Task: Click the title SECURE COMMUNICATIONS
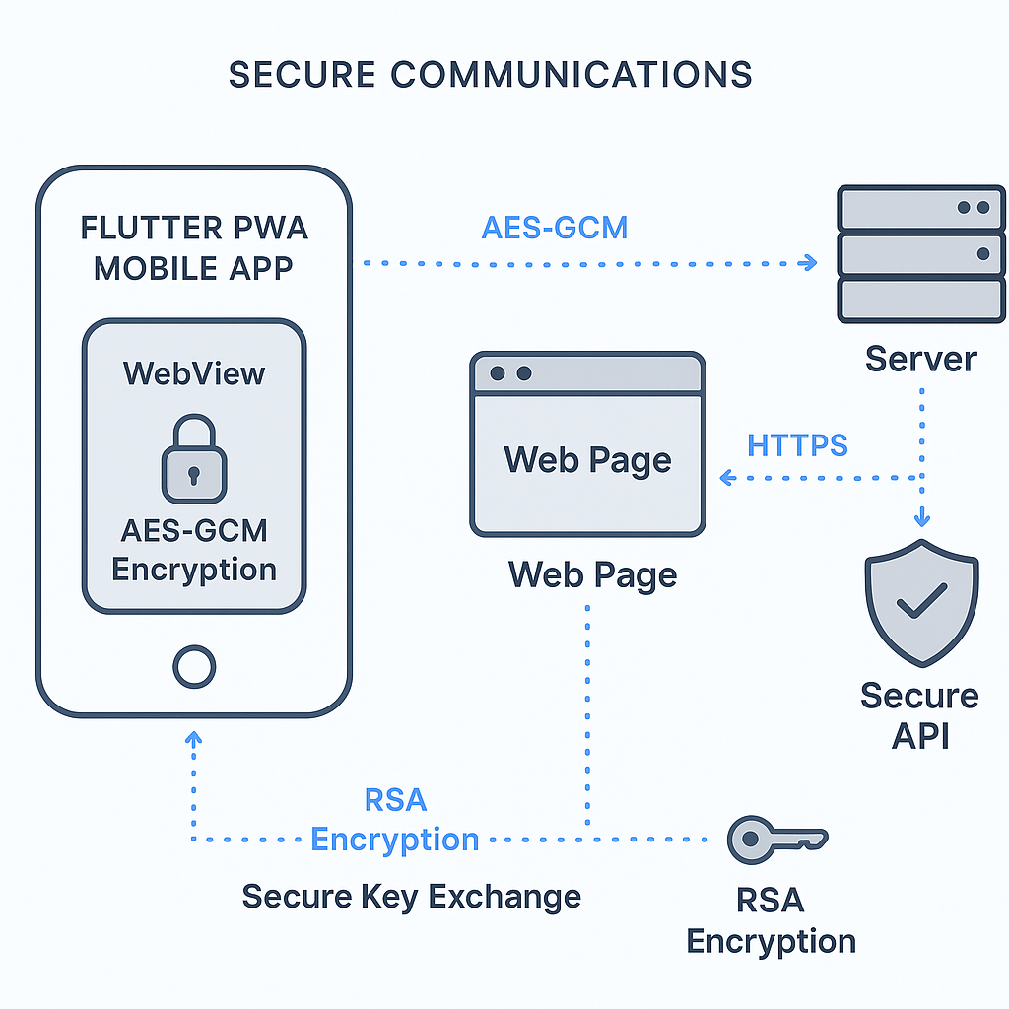click(490, 75)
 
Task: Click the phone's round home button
click(194, 667)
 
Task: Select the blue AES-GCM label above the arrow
click(555, 228)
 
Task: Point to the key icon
click(774, 839)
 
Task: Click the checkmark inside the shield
click(921, 600)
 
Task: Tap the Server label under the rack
click(920, 359)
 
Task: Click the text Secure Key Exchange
click(411, 897)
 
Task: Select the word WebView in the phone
click(194, 373)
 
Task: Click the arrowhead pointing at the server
click(809, 262)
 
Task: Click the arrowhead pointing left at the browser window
click(727, 478)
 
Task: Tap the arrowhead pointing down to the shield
click(921, 518)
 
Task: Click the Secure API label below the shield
click(919, 714)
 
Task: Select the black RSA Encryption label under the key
click(771, 920)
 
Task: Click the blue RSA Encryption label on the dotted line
click(394, 820)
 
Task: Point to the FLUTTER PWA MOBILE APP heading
click(194, 247)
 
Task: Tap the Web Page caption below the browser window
click(592, 573)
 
